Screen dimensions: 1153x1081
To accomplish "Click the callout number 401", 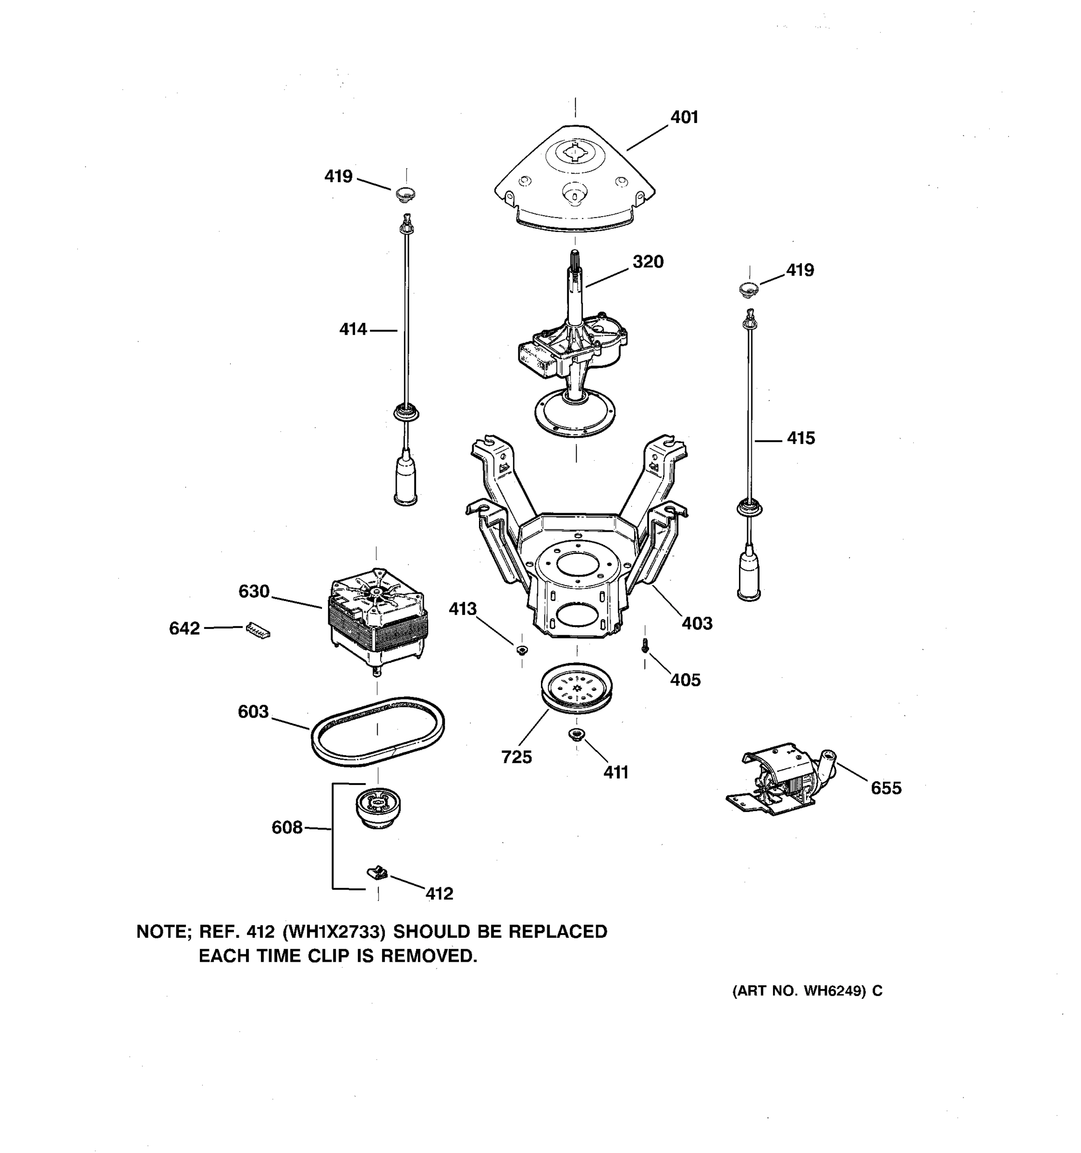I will (684, 118).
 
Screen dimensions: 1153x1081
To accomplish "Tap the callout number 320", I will (648, 262).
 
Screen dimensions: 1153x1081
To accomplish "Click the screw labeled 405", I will (645, 646).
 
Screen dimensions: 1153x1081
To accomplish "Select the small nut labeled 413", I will (521, 650).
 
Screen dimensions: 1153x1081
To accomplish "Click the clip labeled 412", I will (378, 871).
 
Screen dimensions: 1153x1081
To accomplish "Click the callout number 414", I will (353, 330).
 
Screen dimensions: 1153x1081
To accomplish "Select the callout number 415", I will (801, 439).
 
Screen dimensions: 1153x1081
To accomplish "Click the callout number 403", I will (697, 624).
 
